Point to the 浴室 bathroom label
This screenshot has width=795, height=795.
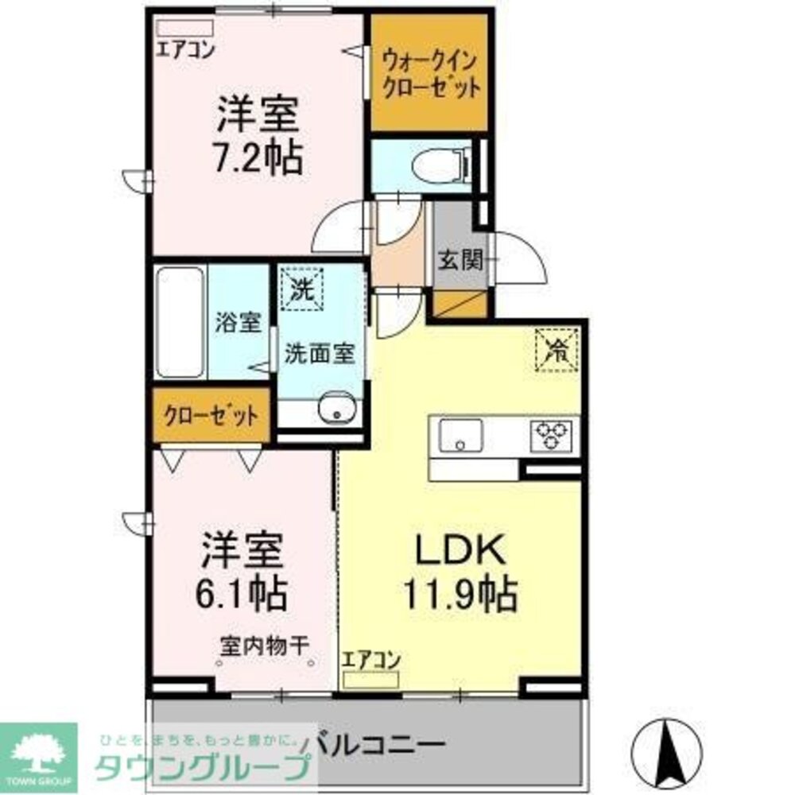pyautogui.click(x=238, y=323)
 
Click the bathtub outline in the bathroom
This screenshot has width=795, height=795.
pyautogui.click(x=180, y=322)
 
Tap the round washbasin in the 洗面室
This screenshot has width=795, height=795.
pyautogui.click(x=335, y=411)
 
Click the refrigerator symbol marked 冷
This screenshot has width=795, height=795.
pyautogui.click(x=556, y=351)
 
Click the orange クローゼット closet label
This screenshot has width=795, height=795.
pyautogui.click(x=211, y=414)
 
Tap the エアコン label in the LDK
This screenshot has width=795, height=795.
pyautogui.click(x=370, y=660)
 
